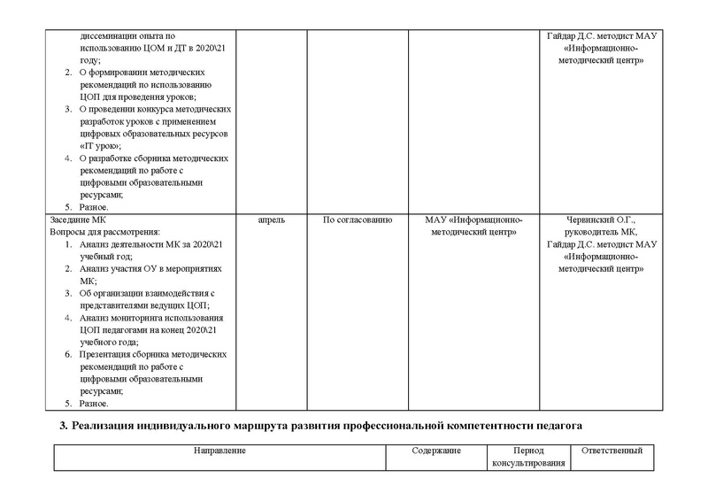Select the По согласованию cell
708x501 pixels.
[357, 219]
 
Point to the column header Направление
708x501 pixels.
[220, 451]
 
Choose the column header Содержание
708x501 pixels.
[435, 451]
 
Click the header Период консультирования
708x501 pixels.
[527, 459]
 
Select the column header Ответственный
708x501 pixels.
[612, 451]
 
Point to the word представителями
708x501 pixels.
[115, 304]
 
